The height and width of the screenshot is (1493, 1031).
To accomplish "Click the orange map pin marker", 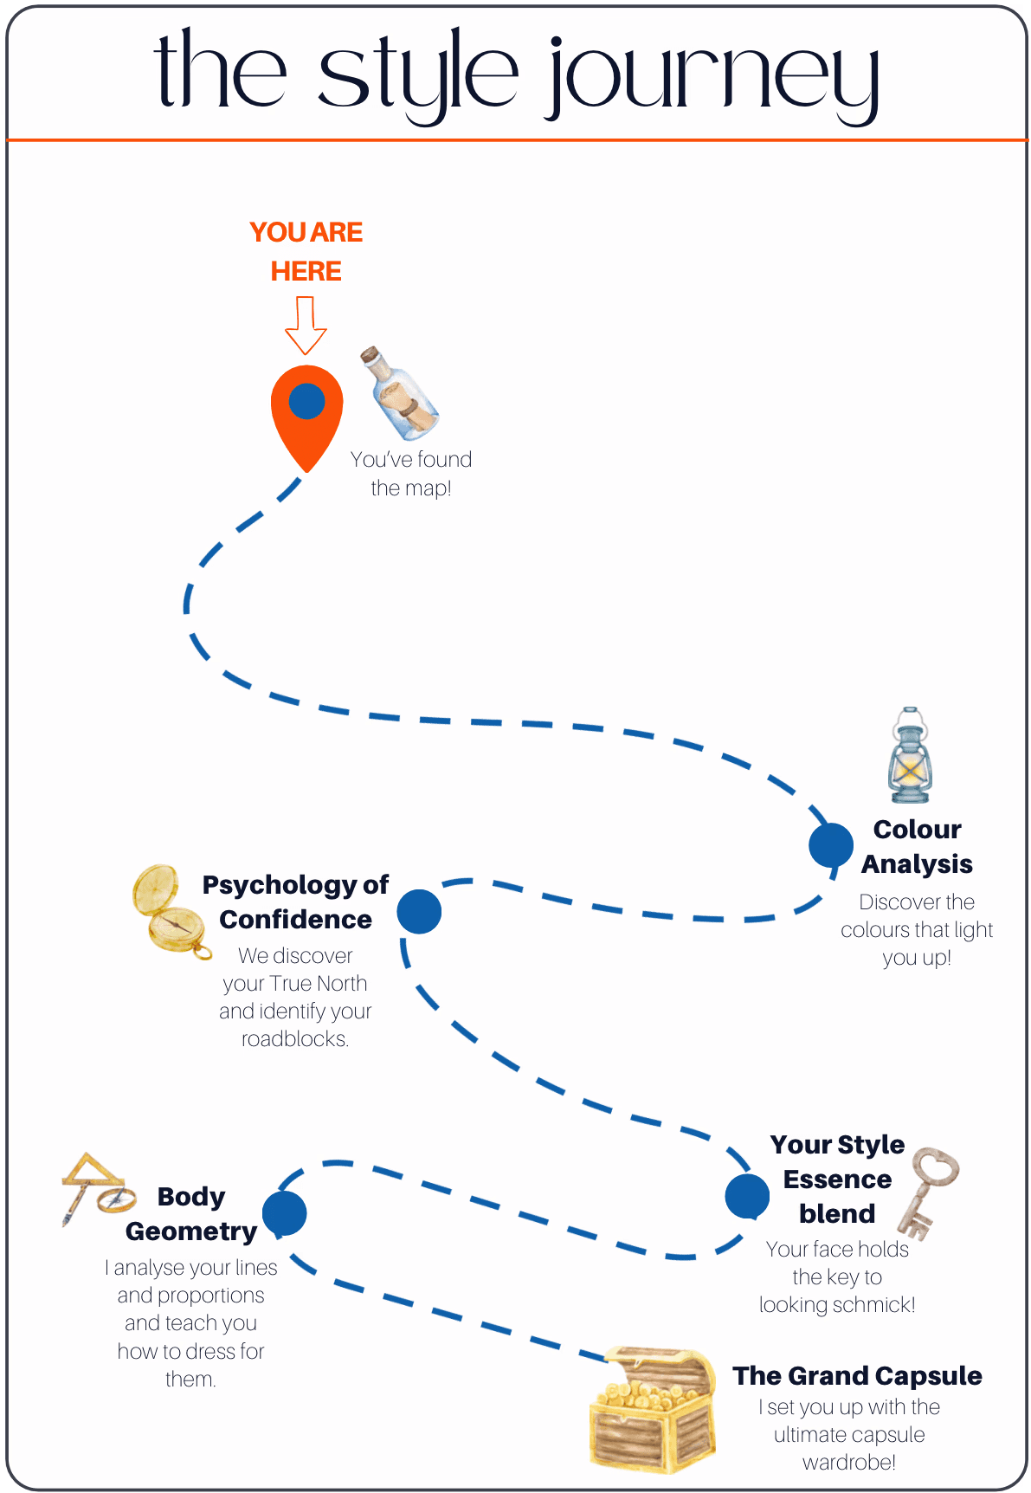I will (x=306, y=411).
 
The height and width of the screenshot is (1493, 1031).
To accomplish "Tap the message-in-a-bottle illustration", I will (x=402, y=394).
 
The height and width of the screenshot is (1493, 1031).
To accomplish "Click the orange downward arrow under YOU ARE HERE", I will (x=306, y=325).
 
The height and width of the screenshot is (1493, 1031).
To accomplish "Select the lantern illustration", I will (x=910, y=756).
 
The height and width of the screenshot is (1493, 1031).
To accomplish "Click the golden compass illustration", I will (x=169, y=912).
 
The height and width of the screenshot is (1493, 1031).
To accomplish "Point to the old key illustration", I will (x=926, y=1192).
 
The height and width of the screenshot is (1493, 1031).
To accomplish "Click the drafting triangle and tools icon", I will (x=97, y=1187).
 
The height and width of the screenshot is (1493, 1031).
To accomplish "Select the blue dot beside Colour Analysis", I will (x=831, y=845).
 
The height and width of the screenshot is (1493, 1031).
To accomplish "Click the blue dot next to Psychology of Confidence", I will (x=420, y=911).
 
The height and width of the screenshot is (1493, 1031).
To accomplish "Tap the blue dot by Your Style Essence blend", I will (x=747, y=1196).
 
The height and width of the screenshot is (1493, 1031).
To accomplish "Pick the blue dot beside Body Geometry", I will (x=285, y=1213).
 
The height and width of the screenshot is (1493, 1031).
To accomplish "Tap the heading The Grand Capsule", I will (x=857, y=1375).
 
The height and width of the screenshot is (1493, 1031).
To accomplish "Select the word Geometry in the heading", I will (x=191, y=1231).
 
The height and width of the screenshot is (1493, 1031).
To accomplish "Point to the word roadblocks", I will (x=294, y=1039).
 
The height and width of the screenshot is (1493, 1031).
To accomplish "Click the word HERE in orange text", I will (x=306, y=271).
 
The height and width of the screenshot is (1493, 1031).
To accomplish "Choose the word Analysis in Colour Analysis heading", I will (x=917, y=864).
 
